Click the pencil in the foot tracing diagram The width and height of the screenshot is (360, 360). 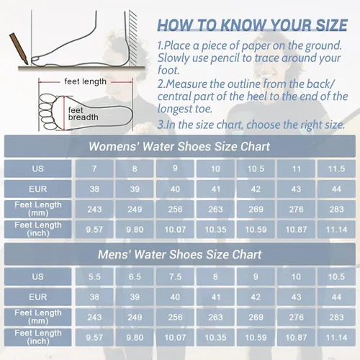(x=19, y=49)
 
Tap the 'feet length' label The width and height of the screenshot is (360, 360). (x=85, y=81)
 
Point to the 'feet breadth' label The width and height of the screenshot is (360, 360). (x=83, y=114)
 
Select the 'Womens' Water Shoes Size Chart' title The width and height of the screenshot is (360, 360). (x=179, y=146)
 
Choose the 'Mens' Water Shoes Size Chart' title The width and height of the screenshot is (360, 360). (x=179, y=254)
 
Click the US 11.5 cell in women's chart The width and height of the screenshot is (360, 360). (x=336, y=168)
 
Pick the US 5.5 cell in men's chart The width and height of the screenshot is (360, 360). (x=94, y=276)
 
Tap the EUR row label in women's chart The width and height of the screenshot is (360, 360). (x=38, y=189)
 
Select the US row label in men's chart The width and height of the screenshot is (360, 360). (x=38, y=276)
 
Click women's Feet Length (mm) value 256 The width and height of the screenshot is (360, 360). (x=175, y=210)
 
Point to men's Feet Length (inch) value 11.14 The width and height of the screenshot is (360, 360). (x=336, y=338)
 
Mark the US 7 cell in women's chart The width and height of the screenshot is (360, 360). (x=94, y=168)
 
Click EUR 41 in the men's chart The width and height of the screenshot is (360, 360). (x=215, y=297)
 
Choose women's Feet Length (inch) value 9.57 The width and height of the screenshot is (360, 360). (x=94, y=230)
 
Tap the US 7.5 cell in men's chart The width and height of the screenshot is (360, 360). (x=175, y=276)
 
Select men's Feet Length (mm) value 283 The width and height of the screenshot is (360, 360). (x=336, y=318)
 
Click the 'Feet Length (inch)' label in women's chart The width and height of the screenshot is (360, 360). (x=38, y=229)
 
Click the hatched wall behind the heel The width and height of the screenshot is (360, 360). (x=133, y=38)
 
